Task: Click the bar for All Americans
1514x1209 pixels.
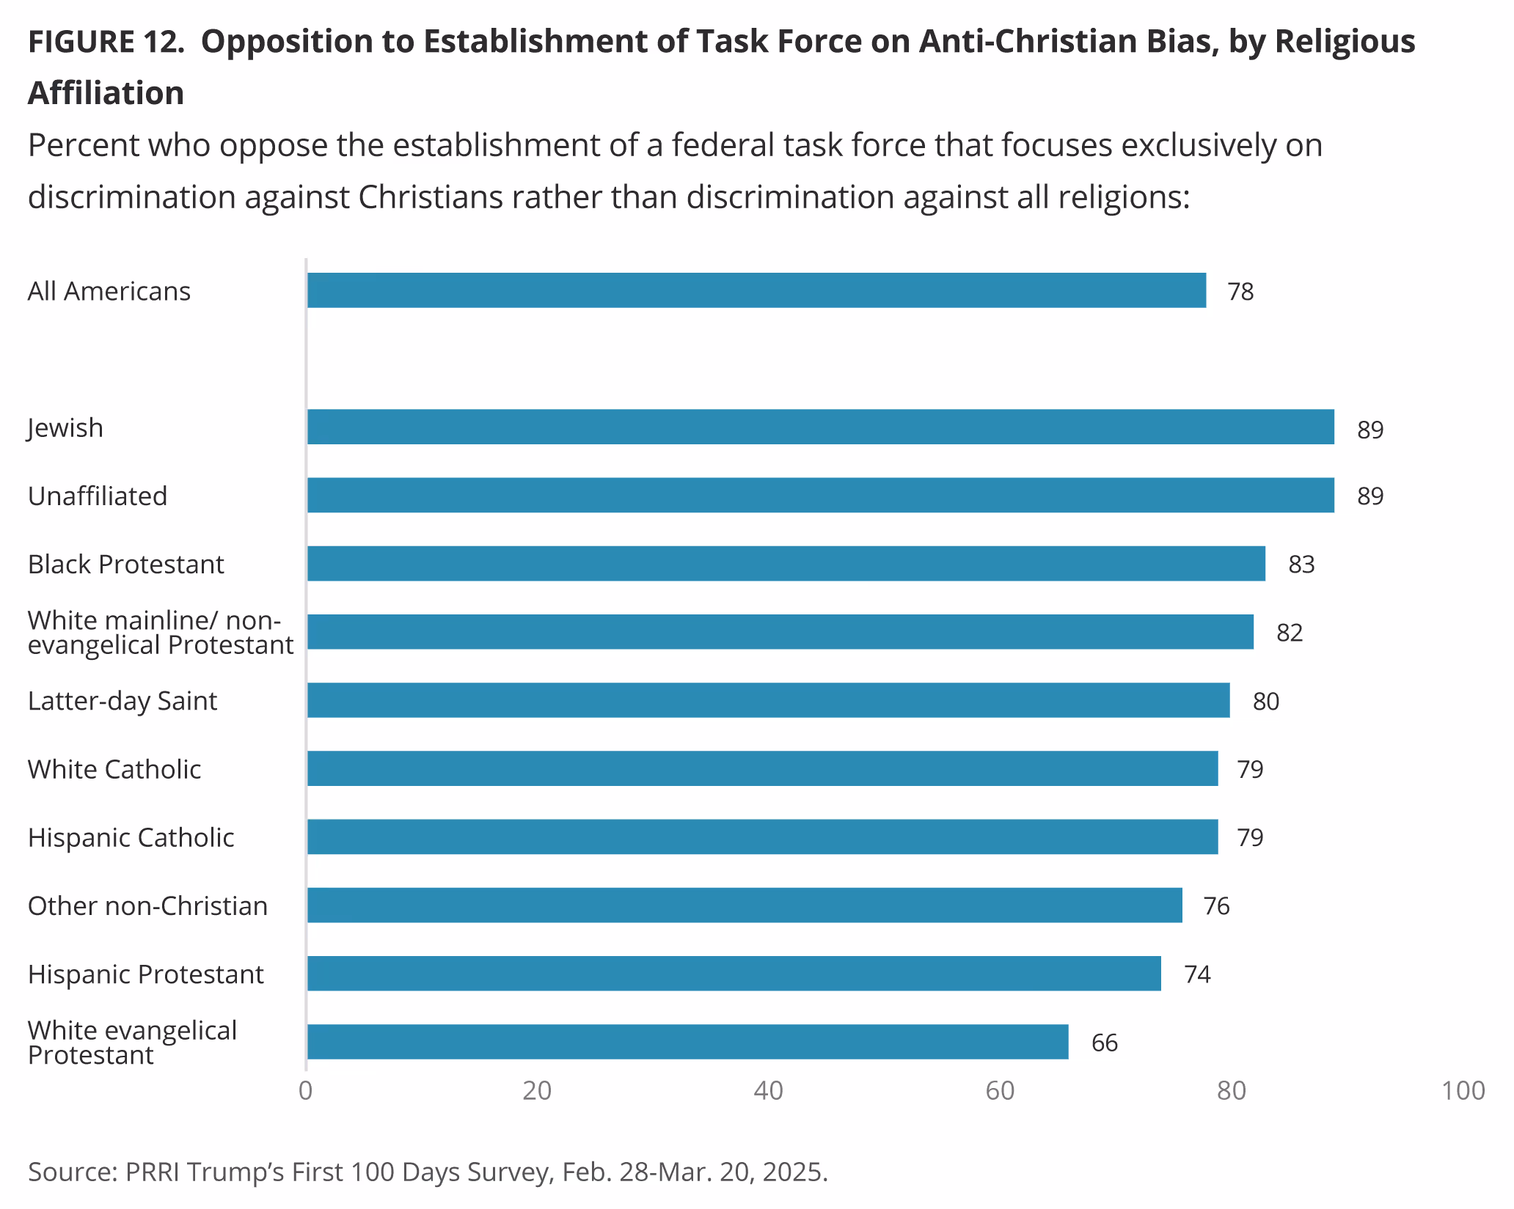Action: coord(756,290)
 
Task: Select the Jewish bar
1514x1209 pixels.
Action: coord(820,427)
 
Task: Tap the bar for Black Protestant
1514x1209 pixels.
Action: coord(786,564)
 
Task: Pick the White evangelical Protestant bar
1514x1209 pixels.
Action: coord(687,1042)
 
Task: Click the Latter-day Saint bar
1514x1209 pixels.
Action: coord(768,700)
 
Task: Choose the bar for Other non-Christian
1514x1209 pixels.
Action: coord(745,905)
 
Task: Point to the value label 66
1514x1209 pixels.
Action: coord(1104,1043)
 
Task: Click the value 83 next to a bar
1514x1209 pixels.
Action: coord(1301,565)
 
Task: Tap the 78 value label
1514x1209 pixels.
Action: coord(1240,292)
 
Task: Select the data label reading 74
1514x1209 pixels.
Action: coord(1197,974)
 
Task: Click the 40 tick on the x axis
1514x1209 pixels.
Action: coord(768,1091)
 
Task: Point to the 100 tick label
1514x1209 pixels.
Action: coord(1463,1091)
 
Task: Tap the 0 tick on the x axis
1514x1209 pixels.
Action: coord(306,1091)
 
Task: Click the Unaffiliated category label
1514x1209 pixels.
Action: coord(98,496)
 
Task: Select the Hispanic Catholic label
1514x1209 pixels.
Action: coord(131,837)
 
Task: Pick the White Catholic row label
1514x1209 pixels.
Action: coord(114,769)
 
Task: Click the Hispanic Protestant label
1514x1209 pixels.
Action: coord(145,974)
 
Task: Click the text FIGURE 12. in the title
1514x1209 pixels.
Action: coord(106,42)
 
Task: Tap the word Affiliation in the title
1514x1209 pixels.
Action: coord(106,93)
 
